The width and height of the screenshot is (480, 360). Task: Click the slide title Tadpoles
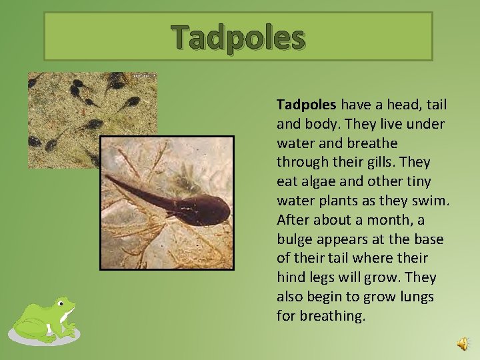point(238,37)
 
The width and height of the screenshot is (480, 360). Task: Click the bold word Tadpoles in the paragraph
point(307,105)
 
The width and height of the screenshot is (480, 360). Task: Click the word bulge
point(294,239)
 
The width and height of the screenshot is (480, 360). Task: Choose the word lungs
point(416,296)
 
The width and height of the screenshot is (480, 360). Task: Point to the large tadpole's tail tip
point(108,178)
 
